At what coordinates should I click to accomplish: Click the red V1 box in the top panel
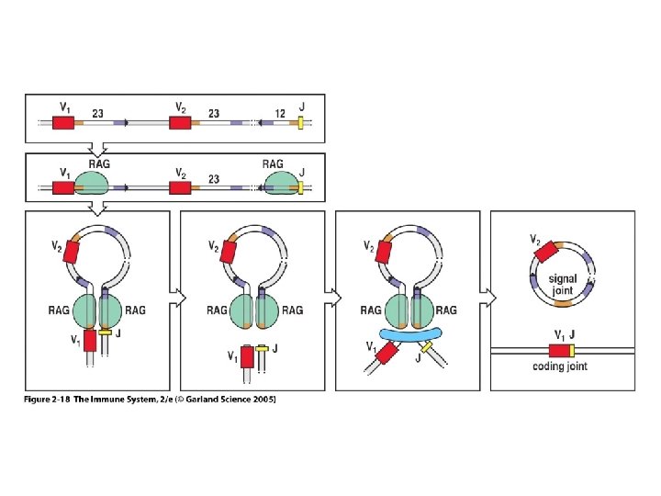tap(62, 122)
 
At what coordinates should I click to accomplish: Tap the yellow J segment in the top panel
tap(300, 122)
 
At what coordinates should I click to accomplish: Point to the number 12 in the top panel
tap(279, 113)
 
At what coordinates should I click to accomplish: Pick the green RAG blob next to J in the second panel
tap(280, 182)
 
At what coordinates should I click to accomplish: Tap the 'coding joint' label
tap(560, 366)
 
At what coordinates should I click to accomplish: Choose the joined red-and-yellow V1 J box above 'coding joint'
tap(562, 350)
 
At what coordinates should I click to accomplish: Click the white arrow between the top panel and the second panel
tap(106, 147)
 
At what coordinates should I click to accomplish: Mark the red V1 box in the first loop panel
tap(90, 341)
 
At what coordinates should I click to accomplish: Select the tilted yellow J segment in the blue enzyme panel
tap(427, 349)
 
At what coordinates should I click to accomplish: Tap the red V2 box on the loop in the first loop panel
tap(73, 247)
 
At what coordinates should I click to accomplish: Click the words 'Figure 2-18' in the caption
tap(49, 400)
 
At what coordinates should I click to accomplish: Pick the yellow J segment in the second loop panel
tap(262, 349)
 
